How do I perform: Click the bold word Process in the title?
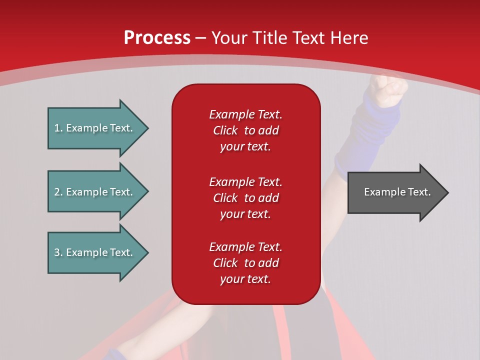157,38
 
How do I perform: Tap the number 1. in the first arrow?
58,128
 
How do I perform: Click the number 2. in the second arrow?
58,192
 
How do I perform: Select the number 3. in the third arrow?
58,252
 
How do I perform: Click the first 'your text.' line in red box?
245,147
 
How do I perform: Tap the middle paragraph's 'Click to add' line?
245,198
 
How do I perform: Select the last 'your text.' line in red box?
245,279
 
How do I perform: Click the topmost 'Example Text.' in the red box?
245,114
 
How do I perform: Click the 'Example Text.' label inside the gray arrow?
397,192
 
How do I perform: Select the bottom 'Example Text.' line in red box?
245,247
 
